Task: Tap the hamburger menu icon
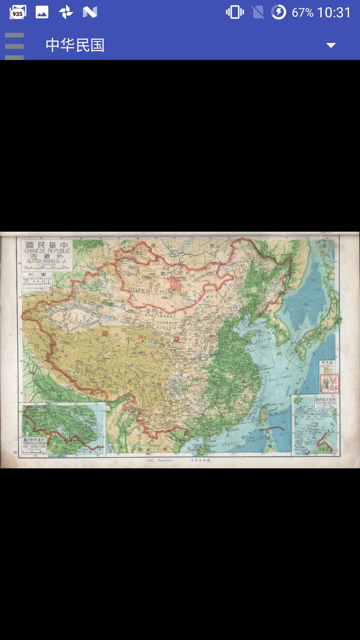pyautogui.click(x=14, y=46)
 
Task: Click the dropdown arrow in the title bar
pyautogui.click(x=331, y=45)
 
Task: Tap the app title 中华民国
pyautogui.click(x=75, y=45)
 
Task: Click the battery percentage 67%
pyautogui.click(x=302, y=13)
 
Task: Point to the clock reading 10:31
pyautogui.click(x=334, y=13)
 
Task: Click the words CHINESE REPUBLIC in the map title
pyautogui.click(x=47, y=251)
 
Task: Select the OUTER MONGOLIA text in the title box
pyautogui.click(x=47, y=261)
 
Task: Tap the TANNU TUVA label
pyautogui.click(x=137, y=257)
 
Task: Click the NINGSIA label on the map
pyautogui.click(x=166, y=328)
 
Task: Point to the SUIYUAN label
pyautogui.click(x=193, y=330)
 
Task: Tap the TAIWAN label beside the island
pyautogui.click(x=271, y=410)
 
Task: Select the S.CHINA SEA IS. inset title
pyautogui.click(x=326, y=403)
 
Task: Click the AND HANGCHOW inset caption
pyautogui.click(x=34, y=446)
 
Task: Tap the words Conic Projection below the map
pyautogui.click(x=159, y=460)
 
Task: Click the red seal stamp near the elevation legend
pyautogui.click(x=329, y=383)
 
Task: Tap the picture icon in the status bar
pyautogui.click(x=42, y=12)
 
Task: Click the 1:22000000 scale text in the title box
pyautogui.click(x=46, y=265)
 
